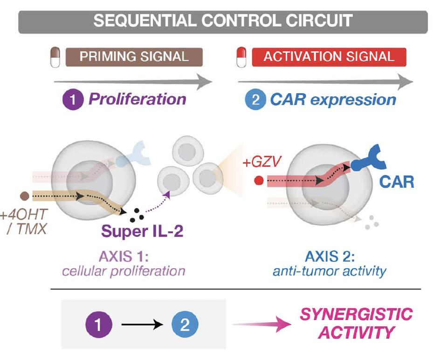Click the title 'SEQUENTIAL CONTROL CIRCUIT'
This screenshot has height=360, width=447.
(x=223, y=21)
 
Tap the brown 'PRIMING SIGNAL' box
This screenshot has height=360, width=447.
(x=134, y=57)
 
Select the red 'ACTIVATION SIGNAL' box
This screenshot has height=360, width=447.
(x=329, y=57)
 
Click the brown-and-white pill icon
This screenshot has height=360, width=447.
(x=55, y=57)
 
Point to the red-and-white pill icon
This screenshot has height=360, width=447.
(x=241, y=57)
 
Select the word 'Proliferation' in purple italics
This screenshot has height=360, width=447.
(x=138, y=99)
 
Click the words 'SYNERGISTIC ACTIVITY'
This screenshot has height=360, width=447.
(x=356, y=324)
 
